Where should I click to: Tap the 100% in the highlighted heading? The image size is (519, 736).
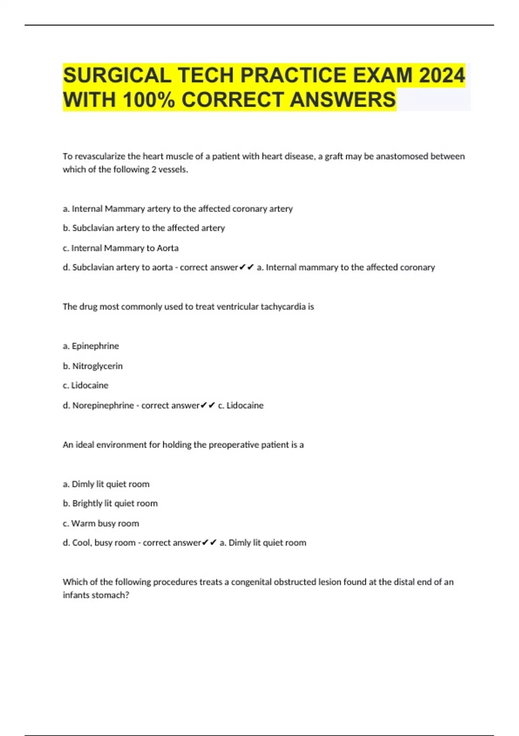point(149,100)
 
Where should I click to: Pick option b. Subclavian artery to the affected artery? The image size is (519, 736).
point(144,228)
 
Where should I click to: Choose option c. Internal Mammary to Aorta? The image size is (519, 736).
point(121,248)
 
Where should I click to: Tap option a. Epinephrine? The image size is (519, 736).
point(91,346)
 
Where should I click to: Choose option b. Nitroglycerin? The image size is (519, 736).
point(93,366)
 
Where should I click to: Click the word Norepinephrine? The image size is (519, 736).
point(103,405)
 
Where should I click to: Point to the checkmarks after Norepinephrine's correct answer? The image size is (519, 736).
point(208,405)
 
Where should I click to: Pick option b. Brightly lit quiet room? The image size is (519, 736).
point(110,504)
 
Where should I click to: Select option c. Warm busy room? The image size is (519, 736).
point(101,523)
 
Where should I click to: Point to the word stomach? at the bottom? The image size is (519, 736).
point(115,595)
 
